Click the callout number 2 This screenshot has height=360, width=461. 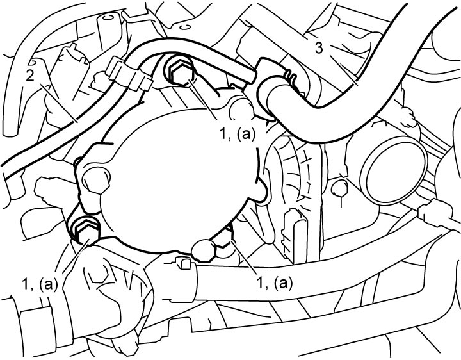30,76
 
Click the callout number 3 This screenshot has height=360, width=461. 319,48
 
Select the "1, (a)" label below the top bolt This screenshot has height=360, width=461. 238,134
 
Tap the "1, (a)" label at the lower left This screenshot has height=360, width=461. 40,284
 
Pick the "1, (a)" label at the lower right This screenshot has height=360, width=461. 275,282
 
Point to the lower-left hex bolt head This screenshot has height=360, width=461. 85,230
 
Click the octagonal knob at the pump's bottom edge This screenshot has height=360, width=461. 204,250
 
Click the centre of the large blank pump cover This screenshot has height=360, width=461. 179,179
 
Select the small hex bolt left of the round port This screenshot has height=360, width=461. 339,188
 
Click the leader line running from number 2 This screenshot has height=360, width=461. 59,103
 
